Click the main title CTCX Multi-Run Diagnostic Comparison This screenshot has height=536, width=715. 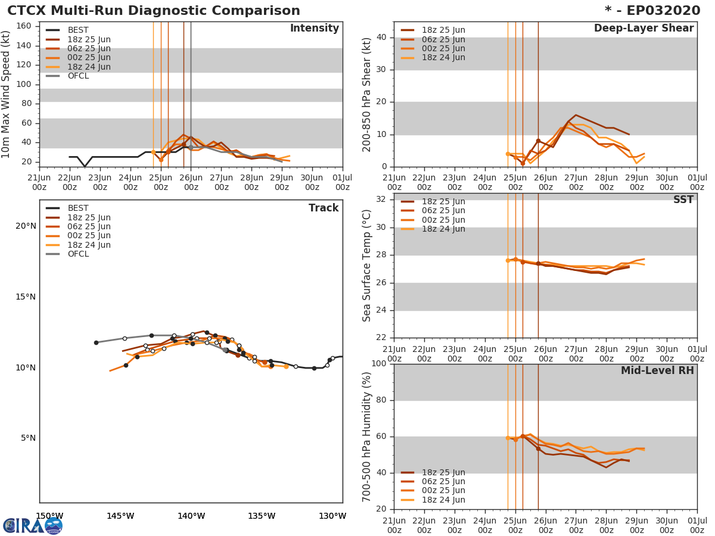[154, 11]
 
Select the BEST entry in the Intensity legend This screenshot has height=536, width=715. [78, 30]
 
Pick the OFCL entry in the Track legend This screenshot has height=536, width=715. [78, 254]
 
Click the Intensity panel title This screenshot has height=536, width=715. [314, 29]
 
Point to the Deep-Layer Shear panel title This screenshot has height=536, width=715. [643, 29]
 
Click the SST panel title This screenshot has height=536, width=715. [683, 200]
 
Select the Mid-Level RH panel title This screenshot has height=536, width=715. [657, 371]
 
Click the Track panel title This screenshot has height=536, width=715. [324, 208]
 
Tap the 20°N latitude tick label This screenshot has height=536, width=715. [26, 226]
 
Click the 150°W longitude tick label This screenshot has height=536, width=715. [49, 516]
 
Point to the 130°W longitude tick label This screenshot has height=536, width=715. [332, 516]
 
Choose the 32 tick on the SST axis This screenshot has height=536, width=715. [381, 200]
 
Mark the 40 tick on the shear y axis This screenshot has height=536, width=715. [381, 38]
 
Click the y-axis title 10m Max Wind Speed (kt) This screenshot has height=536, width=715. [7, 95]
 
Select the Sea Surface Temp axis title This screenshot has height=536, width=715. [367, 266]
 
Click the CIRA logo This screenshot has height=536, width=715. [32, 526]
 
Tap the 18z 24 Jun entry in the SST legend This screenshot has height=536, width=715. [443, 229]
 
